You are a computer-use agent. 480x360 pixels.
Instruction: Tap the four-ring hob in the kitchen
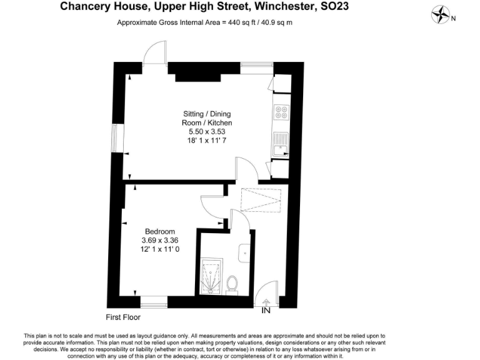click(x=280, y=113)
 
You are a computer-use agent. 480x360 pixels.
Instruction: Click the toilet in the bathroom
click(x=232, y=284)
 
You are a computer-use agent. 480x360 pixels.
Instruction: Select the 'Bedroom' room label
click(x=159, y=231)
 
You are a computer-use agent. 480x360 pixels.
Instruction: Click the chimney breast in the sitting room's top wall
click(x=198, y=73)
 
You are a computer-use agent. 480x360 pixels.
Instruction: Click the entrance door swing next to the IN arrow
click(x=270, y=292)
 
